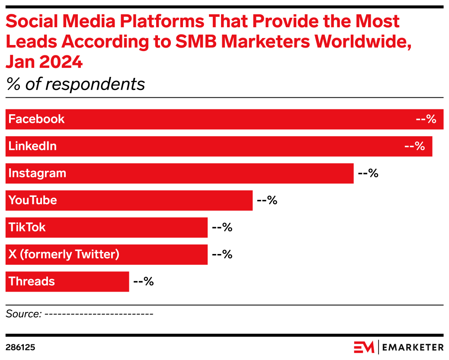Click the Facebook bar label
click(x=36, y=119)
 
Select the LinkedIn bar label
click(x=32, y=146)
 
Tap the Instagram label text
click(x=37, y=174)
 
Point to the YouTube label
click(x=32, y=200)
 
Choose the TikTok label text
click(x=27, y=227)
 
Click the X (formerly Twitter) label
click(x=64, y=254)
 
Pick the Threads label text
click(x=32, y=281)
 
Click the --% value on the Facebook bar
click(x=426, y=119)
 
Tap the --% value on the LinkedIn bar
click(x=414, y=146)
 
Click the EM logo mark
click(x=364, y=347)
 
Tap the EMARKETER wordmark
click(x=413, y=347)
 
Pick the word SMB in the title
click(x=197, y=42)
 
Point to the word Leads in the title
click(x=31, y=42)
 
